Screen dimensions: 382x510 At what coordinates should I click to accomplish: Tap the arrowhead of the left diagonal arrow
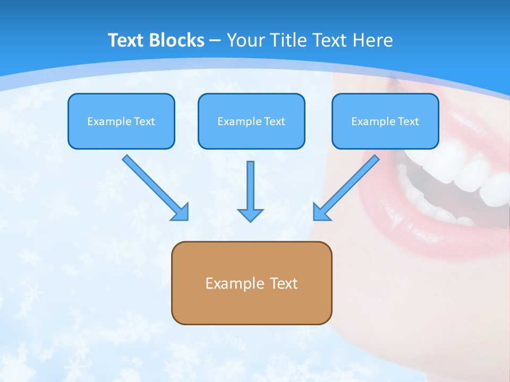click(x=181, y=212)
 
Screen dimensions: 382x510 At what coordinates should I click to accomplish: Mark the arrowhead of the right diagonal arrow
click(x=321, y=212)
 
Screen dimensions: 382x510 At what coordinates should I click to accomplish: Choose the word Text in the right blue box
click(x=409, y=121)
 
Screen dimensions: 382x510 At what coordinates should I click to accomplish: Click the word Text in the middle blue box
click(x=275, y=121)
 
